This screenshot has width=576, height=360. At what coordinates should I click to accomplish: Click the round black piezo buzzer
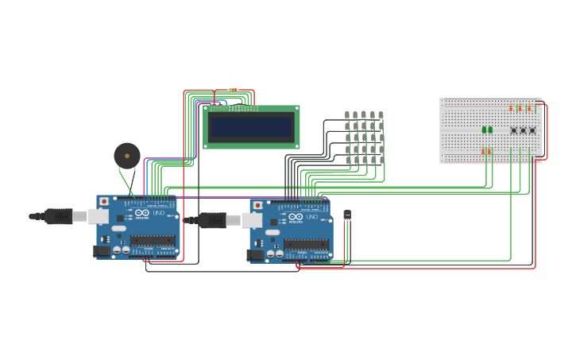[126, 155]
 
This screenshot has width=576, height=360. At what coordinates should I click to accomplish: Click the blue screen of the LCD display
[251, 127]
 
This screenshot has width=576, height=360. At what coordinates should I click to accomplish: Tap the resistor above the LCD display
[233, 90]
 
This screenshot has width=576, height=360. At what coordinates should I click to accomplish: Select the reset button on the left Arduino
[104, 202]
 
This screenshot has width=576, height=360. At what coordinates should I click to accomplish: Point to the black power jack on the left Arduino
[102, 251]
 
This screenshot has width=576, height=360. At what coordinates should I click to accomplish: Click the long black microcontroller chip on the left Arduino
[153, 240]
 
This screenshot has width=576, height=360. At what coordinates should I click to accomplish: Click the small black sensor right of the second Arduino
[347, 215]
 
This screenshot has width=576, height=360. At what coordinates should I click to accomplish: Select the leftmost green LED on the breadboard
[484, 130]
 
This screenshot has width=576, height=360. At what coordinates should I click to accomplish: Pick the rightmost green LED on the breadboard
[490, 130]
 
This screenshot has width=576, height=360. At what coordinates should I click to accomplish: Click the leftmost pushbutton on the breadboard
[513, 130]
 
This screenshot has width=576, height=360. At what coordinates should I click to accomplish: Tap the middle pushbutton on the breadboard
[523, 130]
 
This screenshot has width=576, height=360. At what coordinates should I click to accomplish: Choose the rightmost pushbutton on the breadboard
[532, 130]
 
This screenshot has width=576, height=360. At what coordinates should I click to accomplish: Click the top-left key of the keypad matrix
[347, 115]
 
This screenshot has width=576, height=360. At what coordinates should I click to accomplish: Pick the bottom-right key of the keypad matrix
[381, 161]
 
